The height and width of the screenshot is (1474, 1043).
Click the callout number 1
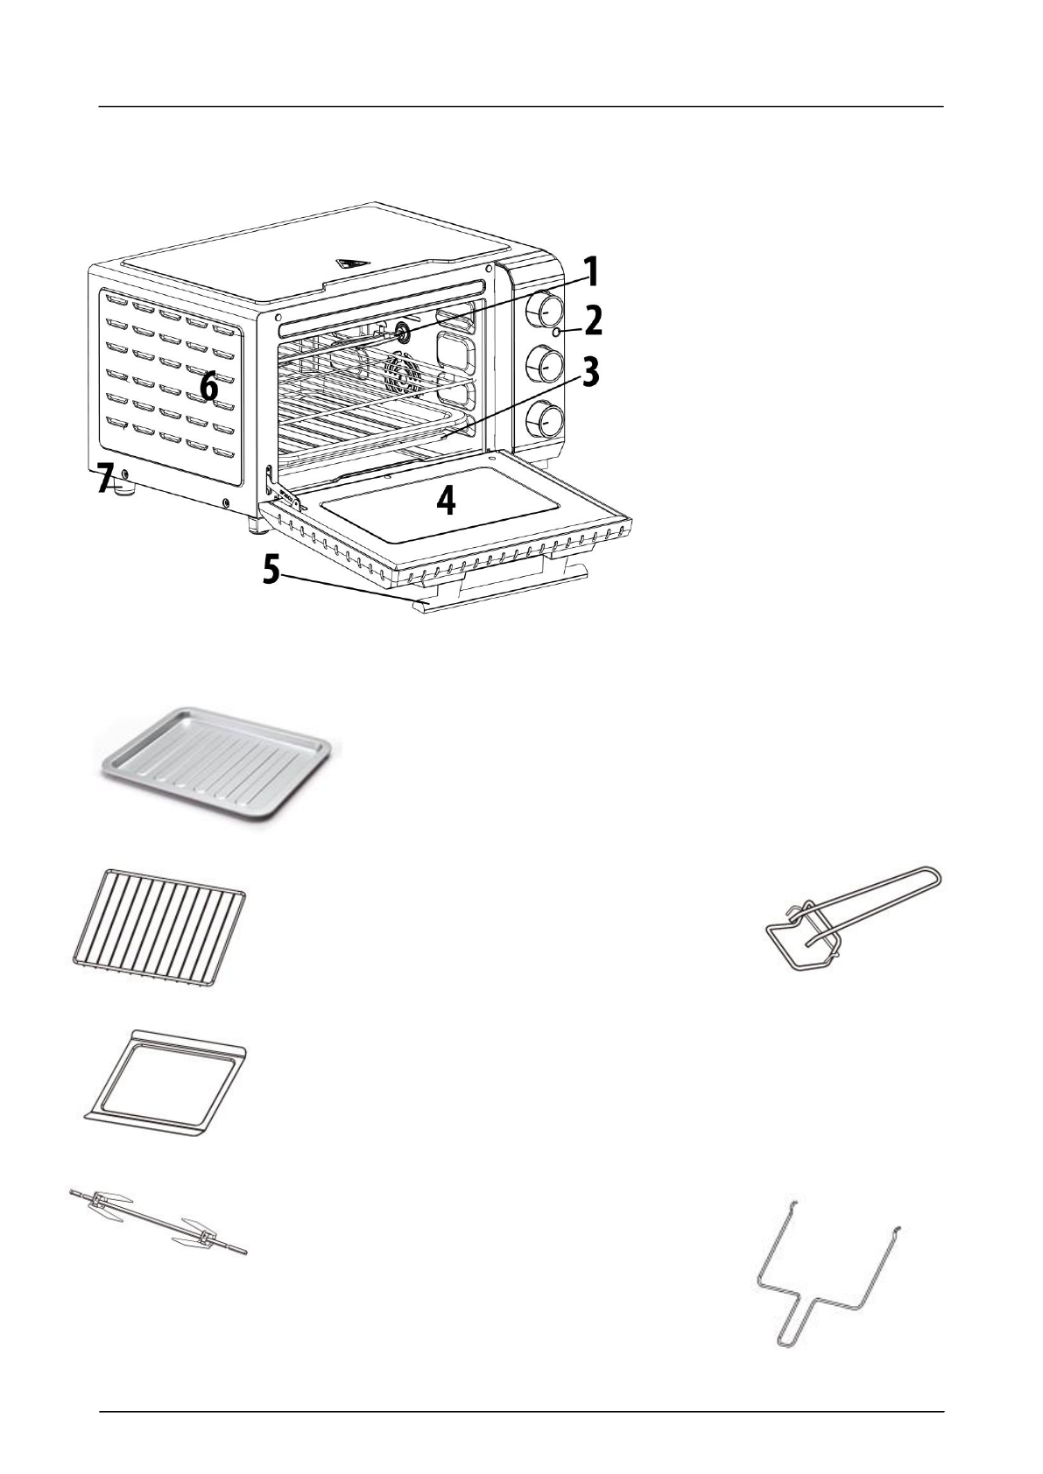(593, 272)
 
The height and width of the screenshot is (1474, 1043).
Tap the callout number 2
(593, 321)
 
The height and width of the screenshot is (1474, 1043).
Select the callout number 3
(591, 372)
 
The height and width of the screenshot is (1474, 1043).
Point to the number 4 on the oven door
(446, 501)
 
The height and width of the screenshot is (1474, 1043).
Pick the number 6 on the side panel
(208, 386)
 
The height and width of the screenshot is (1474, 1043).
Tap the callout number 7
(105, 479)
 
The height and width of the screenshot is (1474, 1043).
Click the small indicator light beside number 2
(556, 333)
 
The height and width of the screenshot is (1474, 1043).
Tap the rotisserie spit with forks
(158, 1221)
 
